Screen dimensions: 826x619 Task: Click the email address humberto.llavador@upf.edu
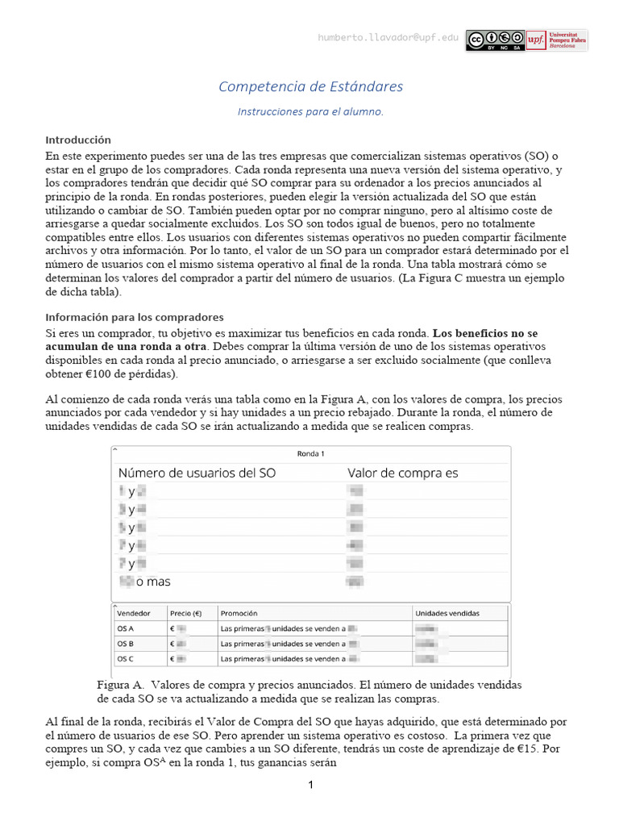pos(388,38)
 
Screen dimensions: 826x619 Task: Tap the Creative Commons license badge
pos(495,40)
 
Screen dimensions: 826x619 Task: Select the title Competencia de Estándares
pos(311,86)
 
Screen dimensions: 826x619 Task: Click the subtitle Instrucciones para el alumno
pos(310,112)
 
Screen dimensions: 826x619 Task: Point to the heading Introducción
pos(78,140)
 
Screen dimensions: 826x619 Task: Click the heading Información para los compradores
pos(135,317)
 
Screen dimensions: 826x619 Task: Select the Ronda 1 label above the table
pos(310,453)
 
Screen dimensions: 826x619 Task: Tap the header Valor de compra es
pos(402,473)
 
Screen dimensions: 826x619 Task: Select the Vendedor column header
pos(134,613)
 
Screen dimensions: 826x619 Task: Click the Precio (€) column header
pos(187,613)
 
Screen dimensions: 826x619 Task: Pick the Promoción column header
pos(239,613)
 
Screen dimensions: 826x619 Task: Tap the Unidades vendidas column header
pos(447,613)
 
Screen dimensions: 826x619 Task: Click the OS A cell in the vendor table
pos(126,628)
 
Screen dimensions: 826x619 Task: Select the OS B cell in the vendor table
pos(126,644)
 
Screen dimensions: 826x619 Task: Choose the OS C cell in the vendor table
pos(126,659)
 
